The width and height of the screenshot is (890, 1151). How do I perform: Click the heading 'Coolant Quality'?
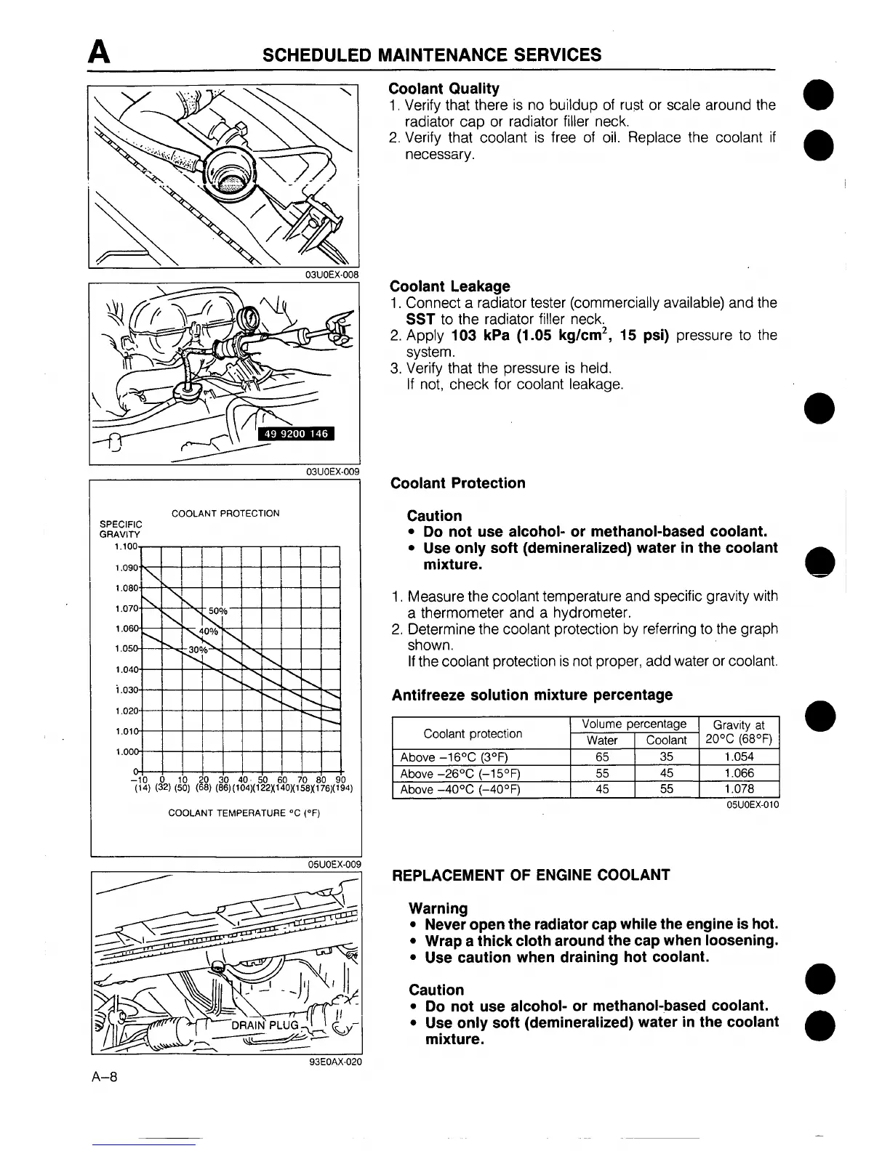tap(444, 89)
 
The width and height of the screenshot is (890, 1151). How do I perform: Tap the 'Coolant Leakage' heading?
tap(450, 286)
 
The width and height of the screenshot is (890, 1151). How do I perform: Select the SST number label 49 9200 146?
tap(294, 434)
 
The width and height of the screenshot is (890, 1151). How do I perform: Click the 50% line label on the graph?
tap(217, 610)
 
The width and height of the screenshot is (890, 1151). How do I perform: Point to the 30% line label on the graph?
tap(198, 649)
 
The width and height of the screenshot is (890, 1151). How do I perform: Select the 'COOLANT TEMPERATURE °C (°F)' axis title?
tap(244, 812)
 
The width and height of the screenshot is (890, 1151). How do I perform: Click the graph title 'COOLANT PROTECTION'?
tap(225, 513)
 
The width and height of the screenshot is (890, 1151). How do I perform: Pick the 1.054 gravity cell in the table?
tap(739, 756)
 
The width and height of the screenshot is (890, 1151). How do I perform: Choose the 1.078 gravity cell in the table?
tap(739, 789)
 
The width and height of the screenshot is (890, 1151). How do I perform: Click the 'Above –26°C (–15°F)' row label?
tap(460, 773)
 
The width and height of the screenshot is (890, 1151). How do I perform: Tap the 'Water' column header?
tap(602, 740)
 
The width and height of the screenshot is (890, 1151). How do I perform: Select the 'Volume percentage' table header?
tap(634, 724)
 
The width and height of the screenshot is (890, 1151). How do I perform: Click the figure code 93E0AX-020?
tap(335, 1061)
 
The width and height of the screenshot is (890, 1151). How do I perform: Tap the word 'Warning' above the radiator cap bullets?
tap(438, 908)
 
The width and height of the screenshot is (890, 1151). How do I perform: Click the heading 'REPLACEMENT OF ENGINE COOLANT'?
tap(531, 875)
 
